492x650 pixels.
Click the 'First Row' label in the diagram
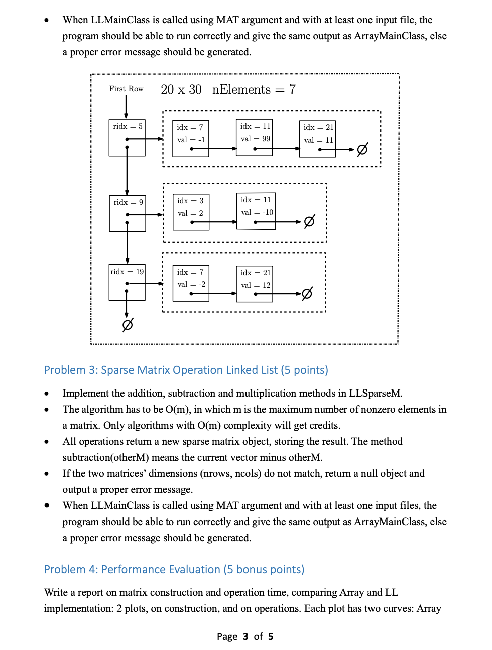coord(126,89)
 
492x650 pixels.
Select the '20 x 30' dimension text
coord(181,90)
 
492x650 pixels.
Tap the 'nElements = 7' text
coord(254,90)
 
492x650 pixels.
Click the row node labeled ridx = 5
coord(127,138)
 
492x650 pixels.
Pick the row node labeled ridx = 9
coord(128,213)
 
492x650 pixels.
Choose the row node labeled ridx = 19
coord(127,282)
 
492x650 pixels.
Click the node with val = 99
coord(255,137)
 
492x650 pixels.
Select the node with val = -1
coord(191,139)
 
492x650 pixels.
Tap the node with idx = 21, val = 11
coord(317,139)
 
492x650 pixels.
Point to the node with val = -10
coord(256,211)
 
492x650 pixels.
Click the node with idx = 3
coord(191,212)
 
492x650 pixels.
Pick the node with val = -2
coord(191,283)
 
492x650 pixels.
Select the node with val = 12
coord(255,284)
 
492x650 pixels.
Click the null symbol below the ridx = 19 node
coord(128,325)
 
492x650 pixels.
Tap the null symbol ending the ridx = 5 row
coord(362,149)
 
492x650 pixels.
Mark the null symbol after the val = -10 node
coord(309,221)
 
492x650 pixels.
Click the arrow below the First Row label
coord(126,106)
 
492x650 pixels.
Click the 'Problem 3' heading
coord(186,370)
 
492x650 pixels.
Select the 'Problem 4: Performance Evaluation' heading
coord(174,569)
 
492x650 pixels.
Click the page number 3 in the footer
coord(245,636)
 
